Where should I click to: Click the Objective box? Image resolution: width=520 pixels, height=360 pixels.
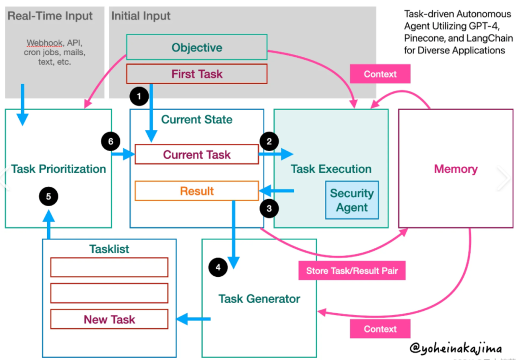coord(196,47)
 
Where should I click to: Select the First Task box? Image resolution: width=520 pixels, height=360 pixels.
coord(196,74)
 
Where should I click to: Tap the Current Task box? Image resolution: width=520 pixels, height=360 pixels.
coord(196,154)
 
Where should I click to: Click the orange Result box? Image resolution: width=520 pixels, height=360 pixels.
coord(196,191)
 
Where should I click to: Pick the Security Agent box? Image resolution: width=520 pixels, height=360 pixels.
coord(352,200)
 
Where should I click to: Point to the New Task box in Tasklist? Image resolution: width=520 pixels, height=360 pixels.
coord(109,319)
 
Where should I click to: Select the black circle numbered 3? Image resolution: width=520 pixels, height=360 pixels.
coord(269,208)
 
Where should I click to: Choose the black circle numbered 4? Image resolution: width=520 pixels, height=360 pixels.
coord(218,268)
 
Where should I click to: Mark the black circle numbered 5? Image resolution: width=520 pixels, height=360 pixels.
coord(49,196)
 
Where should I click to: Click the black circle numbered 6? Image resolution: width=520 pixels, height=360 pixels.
coord(111,141)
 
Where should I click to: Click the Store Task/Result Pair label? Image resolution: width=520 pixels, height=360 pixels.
coord(352,271)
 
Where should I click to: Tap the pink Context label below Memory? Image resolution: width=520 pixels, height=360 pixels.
coord(380,329)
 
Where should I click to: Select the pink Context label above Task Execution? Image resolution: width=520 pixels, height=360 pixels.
coord(380,74)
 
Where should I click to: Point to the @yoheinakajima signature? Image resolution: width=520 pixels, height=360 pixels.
coord(455,348)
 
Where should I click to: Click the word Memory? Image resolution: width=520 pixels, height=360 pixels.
coord(455,169)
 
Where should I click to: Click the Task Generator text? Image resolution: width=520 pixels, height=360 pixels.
coord(259,299)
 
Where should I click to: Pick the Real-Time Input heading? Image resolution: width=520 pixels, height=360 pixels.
coord(50,16)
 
